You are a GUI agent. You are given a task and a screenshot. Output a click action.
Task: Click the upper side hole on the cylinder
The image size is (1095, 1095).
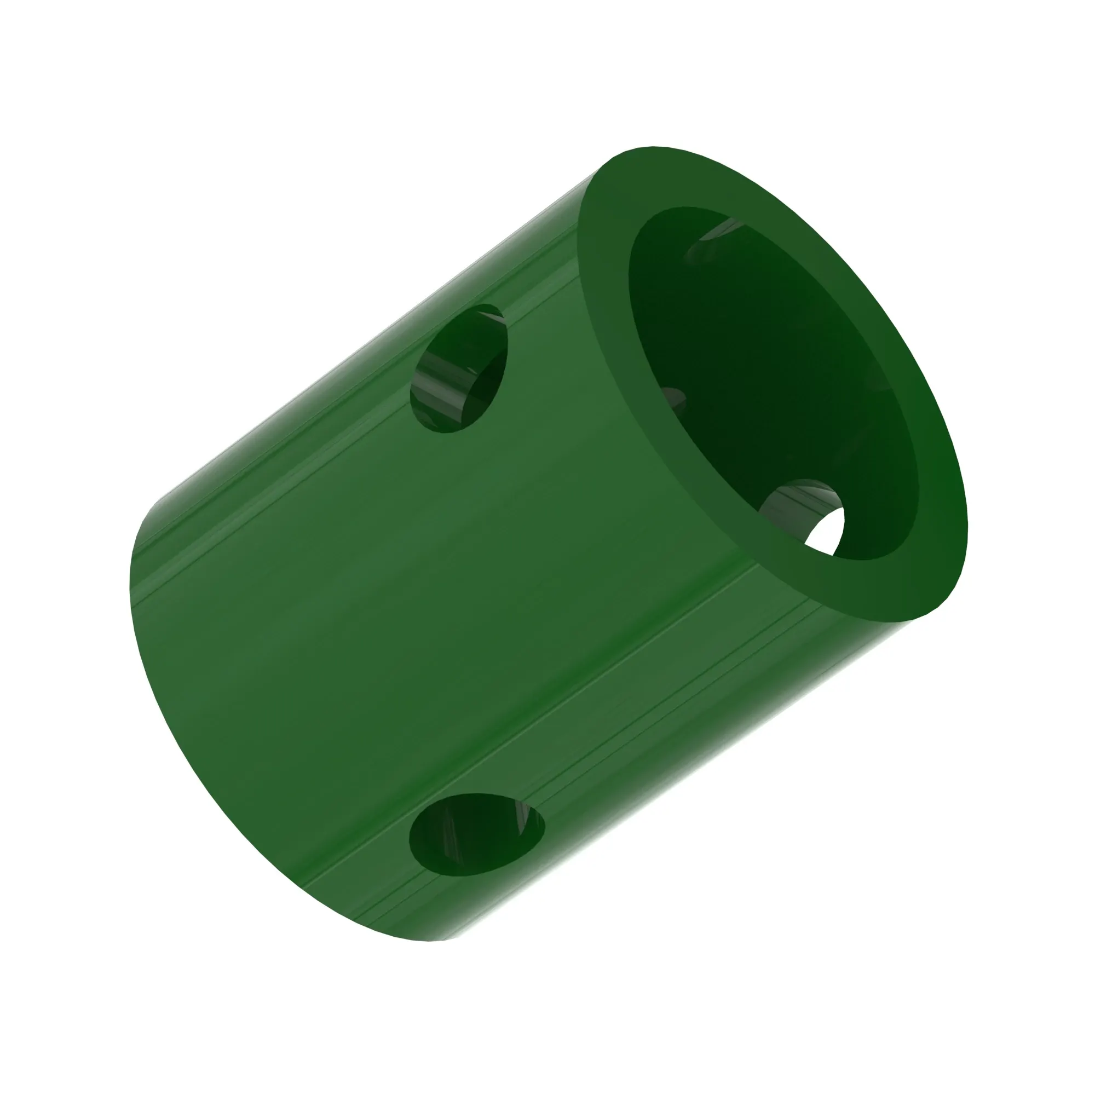(x=459, y=368)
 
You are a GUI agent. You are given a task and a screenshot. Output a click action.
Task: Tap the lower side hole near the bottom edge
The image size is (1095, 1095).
(x=476, y=834)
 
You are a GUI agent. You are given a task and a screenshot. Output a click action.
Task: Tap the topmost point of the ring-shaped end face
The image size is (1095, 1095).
(x=652, y=148)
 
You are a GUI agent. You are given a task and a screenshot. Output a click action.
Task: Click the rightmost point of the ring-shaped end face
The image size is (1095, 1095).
(x=967, y=527)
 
